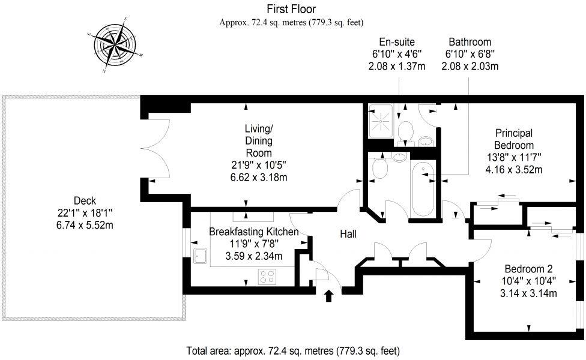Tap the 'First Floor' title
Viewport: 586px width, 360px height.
(292, 9)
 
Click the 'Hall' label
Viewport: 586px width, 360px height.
(348, 234)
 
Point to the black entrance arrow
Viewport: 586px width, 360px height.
(328, 295)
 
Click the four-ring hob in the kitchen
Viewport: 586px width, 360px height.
(267, 277)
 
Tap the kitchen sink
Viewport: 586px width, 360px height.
(201, 256)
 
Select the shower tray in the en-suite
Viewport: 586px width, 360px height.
(381, 119)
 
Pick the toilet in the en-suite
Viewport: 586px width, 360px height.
(406, 130)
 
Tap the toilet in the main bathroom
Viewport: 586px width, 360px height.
(379, 169)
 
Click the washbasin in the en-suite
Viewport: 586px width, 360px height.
(426, 142)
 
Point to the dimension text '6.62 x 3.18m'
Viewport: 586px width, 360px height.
(258, 178)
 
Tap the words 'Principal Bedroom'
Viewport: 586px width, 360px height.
(513, 139)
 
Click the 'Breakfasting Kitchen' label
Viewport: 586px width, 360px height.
(253, 231)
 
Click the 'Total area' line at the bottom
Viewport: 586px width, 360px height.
(293, 350)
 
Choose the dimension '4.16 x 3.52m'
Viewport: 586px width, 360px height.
(513, 170)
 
